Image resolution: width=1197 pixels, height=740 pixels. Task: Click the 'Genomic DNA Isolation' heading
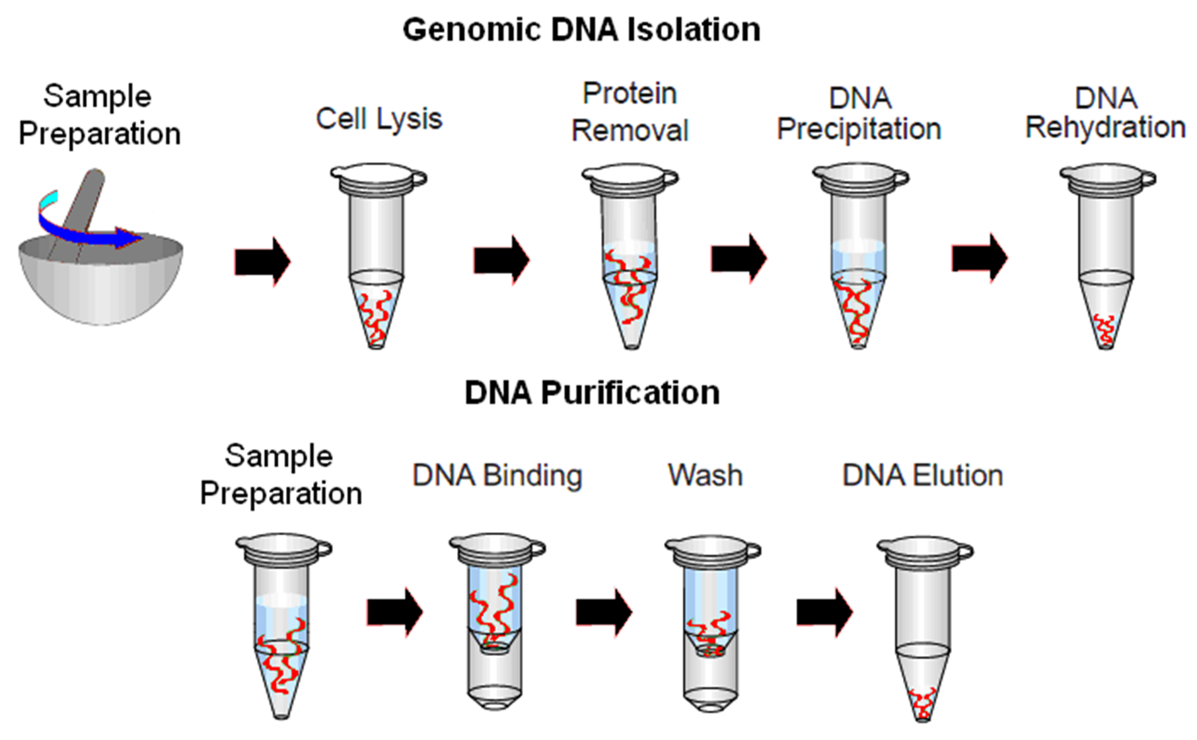tap(581, 30)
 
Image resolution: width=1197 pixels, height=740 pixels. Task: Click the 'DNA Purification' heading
tap(592, 393)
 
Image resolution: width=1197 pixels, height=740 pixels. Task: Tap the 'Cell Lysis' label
tap(379, 120)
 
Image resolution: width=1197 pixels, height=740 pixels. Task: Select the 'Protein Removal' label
tap(630, 112)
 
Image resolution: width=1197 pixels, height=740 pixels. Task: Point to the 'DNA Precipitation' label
tap(859, 114)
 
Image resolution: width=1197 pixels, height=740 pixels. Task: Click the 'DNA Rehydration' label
tap(1105, 113)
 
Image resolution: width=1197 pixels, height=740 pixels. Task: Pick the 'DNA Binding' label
tap(497, 476)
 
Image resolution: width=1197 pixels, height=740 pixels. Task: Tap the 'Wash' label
tap(705, 476)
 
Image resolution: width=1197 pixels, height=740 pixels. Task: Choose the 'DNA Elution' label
tap(922, 476)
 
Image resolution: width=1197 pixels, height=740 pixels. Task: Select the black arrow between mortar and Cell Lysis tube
tap(262, 261)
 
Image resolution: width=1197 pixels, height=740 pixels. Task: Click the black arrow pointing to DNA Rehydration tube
tap(979, 258)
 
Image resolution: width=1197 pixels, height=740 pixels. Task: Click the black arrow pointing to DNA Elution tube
tap(824, 612)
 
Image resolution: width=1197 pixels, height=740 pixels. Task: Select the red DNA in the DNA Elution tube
tap(922, 704)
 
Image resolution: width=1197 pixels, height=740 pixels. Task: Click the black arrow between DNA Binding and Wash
tap(603, 612)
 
